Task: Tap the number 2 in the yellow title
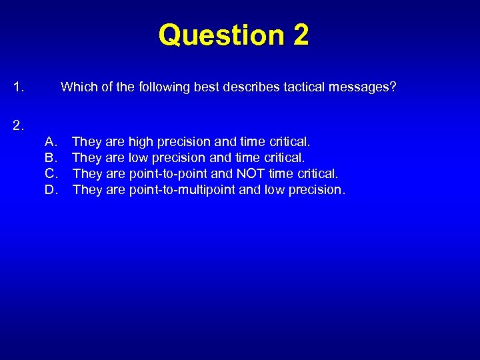coord(299,35)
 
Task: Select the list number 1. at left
coord(19,87)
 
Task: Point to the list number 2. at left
coord(19,124)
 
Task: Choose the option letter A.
coord(51,141)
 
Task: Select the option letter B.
coord(51,157)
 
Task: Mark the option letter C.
coord(51,173)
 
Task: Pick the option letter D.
coord(51,189)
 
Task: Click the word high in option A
coord(141,141)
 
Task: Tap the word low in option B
coord(138,157)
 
